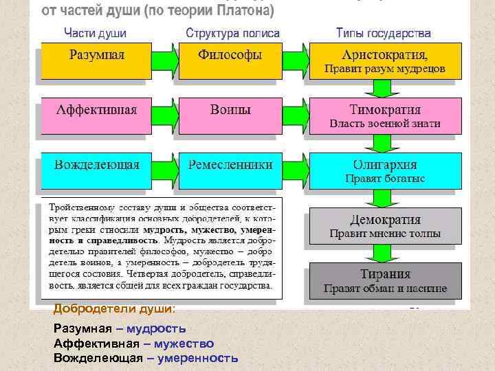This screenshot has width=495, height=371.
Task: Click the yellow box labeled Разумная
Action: pos(96,60)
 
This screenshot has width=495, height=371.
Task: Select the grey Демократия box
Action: pos(384,225)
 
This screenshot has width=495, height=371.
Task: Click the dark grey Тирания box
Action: pos(384,280)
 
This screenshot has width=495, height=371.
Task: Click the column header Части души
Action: pos(96,32)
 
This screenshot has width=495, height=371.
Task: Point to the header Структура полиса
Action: pos(232,32)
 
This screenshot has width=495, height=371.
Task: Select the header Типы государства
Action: pos(383,32)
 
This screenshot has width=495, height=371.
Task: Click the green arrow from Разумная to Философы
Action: pos(164,60)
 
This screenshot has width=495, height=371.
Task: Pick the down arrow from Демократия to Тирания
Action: pos(377,252)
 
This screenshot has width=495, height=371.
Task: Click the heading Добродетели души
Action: pos(114,309)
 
